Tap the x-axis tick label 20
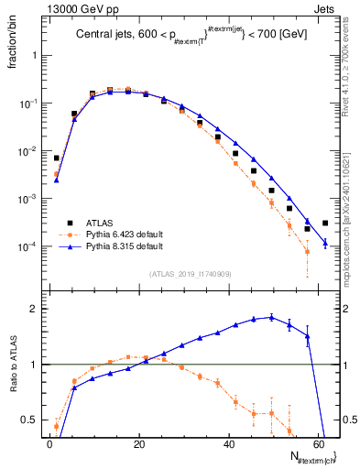click(139, 442)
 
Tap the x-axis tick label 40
click(229, 442)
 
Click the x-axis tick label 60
click(319, 442)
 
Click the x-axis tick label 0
click(49, 442)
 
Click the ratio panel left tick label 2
click(35, 309)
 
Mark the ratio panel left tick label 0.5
click(31, 420)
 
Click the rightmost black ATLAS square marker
click(325, 223)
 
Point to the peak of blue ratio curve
click(271, 317)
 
